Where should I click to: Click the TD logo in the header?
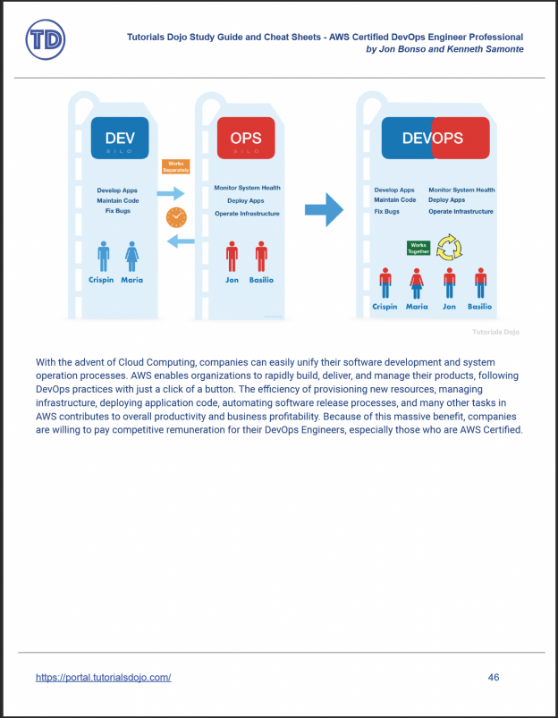[45, 40]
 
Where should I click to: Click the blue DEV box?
[121, 138]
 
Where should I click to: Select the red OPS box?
[246, 138]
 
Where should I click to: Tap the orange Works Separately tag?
[175, 166]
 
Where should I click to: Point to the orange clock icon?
[176, 217]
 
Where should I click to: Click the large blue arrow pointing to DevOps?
[324, 210]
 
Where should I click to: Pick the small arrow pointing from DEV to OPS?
[171, 193]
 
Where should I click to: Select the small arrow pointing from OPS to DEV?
[182, 241]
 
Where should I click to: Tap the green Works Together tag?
[418, 248]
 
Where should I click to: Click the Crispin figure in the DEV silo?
[104, 257]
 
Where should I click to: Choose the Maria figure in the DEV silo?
[132, 257]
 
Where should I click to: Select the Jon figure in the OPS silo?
[232, 257]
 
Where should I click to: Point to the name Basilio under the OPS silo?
[261, 280]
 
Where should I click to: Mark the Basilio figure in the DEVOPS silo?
[480, 283]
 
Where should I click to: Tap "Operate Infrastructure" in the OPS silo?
[247, 213]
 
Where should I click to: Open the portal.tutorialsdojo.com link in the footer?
[103, 677]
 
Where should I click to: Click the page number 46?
[494, 677]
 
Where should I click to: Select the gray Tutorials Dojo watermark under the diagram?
[495, 332]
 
